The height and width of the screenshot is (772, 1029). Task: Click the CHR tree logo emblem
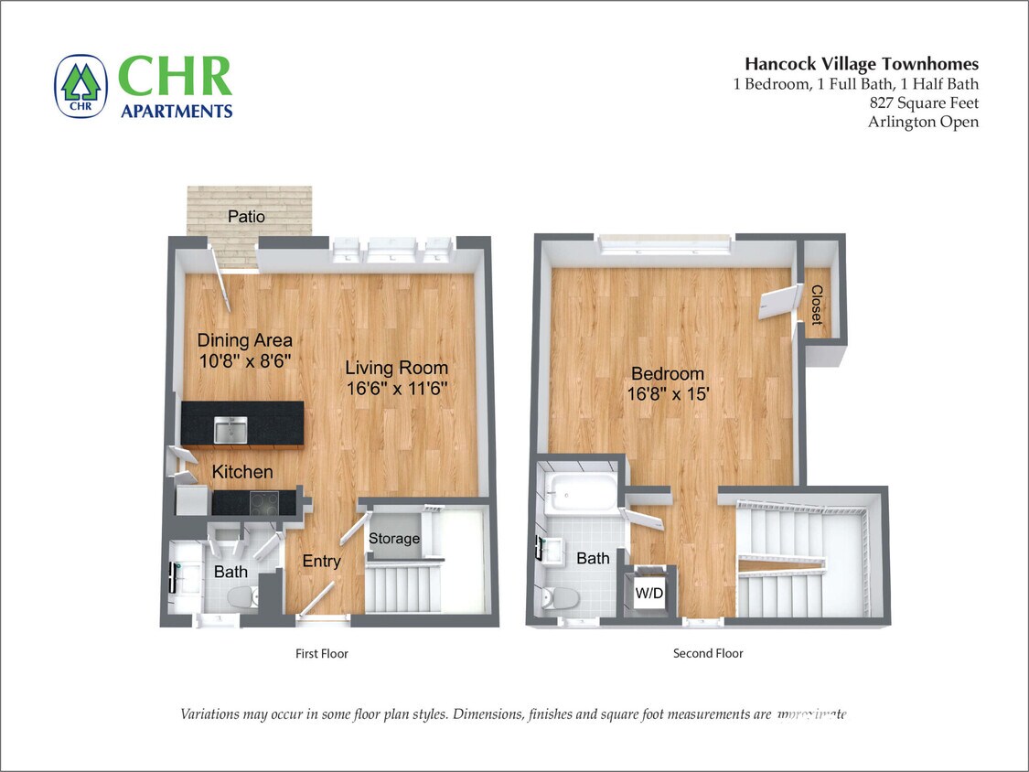coord(80,86)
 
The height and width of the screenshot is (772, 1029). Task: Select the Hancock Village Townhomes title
coord(861,64)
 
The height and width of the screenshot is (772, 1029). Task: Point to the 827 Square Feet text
coord(924,102)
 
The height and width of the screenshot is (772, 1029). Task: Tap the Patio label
coord(246,217)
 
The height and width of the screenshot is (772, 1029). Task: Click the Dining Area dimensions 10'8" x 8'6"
coord(244,361)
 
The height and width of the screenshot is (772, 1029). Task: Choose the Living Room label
coord(396,369)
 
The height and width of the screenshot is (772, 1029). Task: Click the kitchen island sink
coord(230,428)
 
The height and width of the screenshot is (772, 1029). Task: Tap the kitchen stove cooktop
coord(265,501)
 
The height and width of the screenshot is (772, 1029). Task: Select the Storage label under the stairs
coord(393,539)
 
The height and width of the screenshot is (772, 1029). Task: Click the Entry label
coord(321,562)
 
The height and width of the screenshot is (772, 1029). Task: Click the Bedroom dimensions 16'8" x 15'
coord(668,394)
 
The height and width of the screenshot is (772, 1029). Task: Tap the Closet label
coord(816,306)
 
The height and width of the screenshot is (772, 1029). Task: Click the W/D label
coord(649,594)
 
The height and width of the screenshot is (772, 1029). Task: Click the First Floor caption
coord(321,653)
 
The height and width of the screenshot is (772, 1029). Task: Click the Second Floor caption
coord(708,653)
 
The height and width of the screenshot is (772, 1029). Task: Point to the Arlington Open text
coord(923,122)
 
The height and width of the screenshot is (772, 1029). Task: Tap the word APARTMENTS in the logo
coord(177,111)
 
